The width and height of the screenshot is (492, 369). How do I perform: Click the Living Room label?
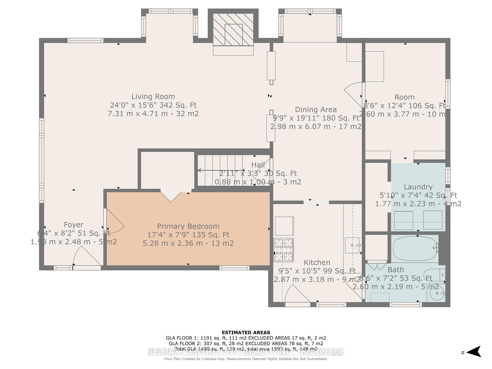[153, 97]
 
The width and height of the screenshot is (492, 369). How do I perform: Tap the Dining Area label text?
[316, 110]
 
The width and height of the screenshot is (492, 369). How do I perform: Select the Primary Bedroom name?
[188, 226]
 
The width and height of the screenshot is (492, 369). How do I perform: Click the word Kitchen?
[317, 262]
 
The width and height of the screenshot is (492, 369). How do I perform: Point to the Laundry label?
[418, 187]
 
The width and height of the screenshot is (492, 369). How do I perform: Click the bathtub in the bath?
[415, 248]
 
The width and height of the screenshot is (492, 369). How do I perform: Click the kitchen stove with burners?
[284, 250]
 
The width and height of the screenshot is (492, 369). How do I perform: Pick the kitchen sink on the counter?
[352, 245]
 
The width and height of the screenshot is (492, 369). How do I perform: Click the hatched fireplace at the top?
[233, 30]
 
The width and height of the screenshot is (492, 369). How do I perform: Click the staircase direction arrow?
[220, 170]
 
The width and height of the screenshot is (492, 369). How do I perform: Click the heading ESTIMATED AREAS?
[246, 333]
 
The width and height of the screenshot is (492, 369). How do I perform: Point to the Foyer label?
[74, 225]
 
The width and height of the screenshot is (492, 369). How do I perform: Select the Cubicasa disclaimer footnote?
[246, 359]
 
